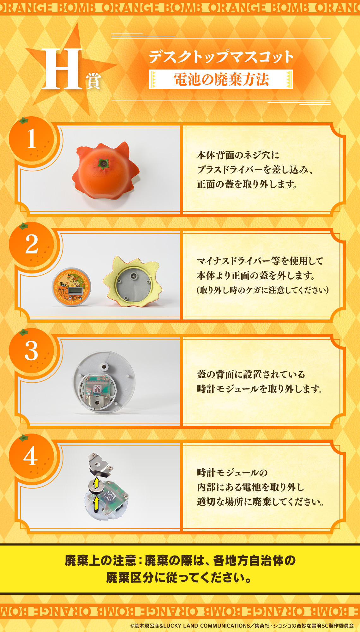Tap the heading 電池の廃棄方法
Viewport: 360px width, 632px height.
221,79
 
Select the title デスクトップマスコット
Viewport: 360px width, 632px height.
221,57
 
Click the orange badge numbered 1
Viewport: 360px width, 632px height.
31,139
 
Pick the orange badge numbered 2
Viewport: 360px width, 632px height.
31,244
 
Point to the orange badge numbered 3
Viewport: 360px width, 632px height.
31,350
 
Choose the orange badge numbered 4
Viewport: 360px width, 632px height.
31,456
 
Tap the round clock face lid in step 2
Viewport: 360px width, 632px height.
71,288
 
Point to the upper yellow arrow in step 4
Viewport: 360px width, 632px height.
96,483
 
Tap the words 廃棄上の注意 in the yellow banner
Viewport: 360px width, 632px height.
100,561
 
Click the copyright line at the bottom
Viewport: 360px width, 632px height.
242,626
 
